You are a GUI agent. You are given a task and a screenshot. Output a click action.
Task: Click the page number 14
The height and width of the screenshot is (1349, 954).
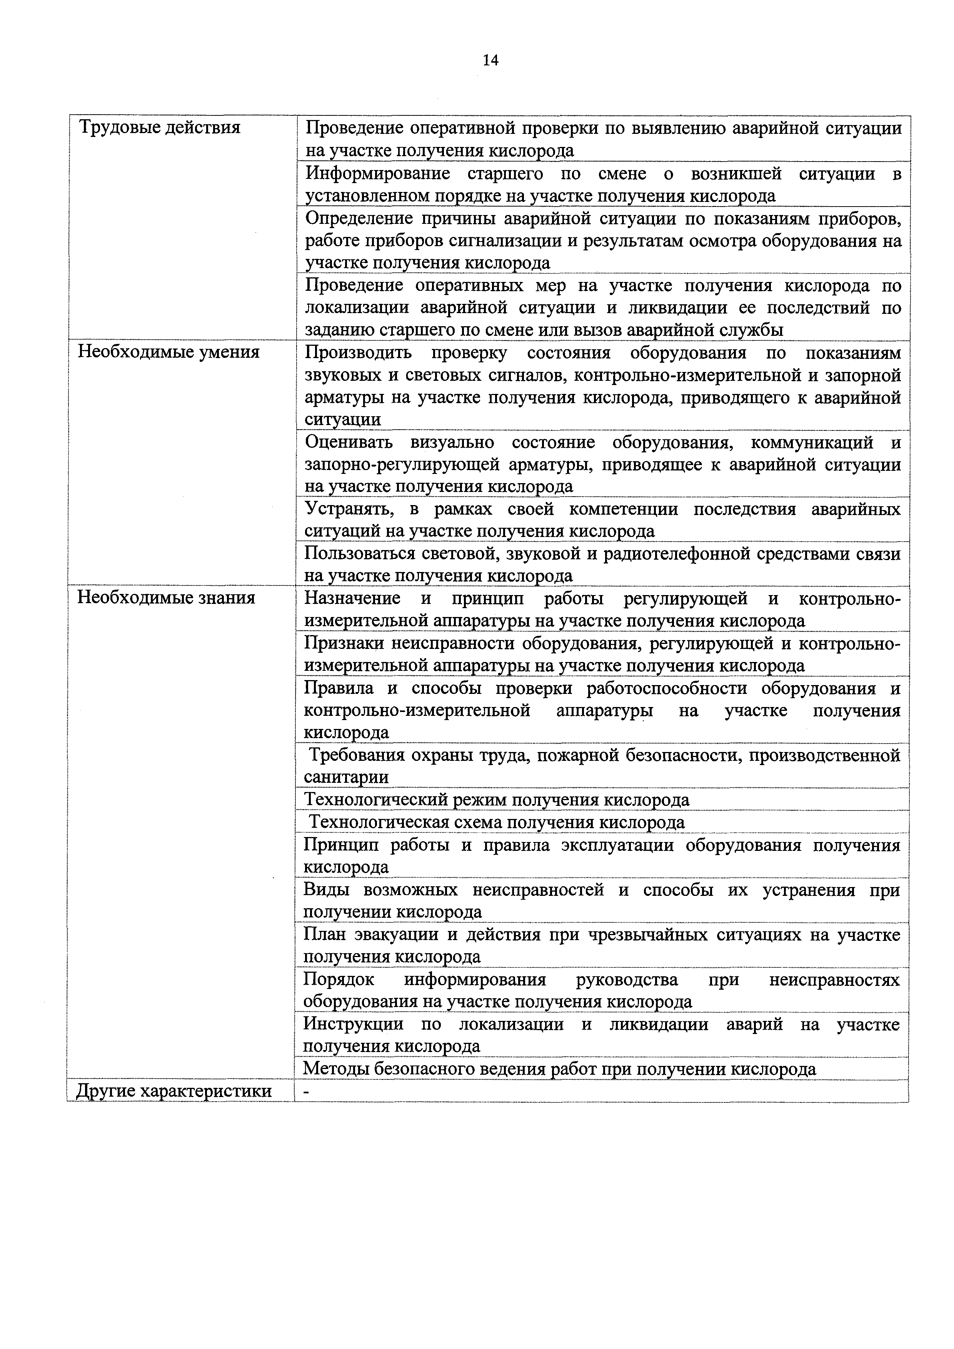tap(490, 60)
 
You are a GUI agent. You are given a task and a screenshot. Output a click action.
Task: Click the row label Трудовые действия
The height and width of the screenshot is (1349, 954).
tap(159, 127)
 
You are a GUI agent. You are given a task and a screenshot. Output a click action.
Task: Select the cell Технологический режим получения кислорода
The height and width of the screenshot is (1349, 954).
tap(496, 800)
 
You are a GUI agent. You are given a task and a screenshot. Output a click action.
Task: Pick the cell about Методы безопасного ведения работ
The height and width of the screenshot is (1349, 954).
tap(559, 1069)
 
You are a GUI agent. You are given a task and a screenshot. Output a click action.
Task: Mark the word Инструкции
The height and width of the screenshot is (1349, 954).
tap(353, 1024)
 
